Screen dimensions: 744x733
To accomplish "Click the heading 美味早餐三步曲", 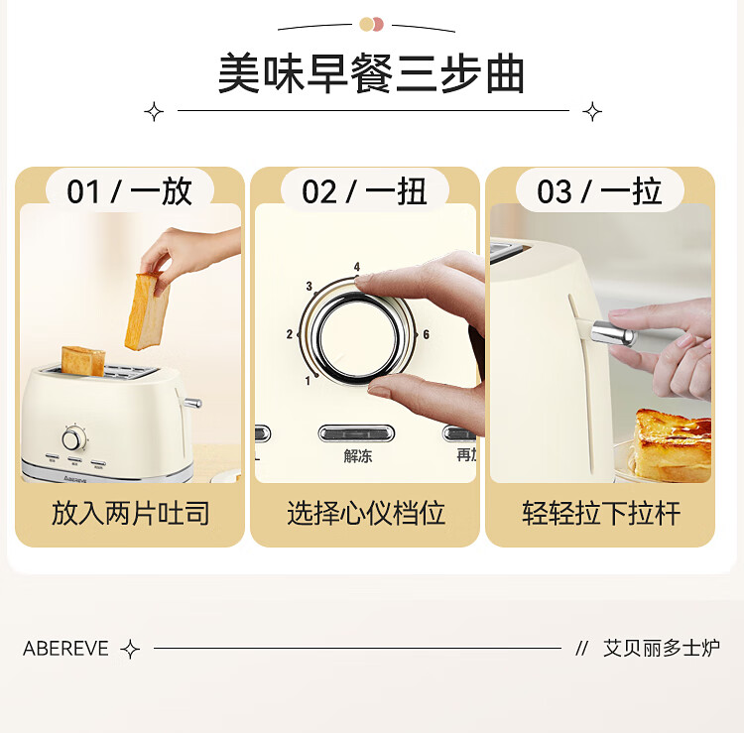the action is click(x=371, y=74).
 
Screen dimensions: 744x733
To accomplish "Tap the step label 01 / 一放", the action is click(x=130, y=191).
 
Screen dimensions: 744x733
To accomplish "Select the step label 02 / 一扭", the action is click(x=364, y=191).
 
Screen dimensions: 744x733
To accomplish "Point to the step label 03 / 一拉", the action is click(x=599, y=191).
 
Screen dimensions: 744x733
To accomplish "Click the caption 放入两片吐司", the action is click(x=131, y=513).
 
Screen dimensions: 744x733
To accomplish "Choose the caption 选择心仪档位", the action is click(x=366, y=513).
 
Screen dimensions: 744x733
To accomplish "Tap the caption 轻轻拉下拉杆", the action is click(x=601, y=513).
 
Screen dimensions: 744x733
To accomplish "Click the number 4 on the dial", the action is click(x=357, y=267).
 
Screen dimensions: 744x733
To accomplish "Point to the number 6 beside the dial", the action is click(x=426, y=334).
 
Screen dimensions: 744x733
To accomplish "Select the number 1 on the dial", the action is click(x=308, y=380).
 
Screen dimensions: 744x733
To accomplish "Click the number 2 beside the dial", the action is click(x=290, y=334).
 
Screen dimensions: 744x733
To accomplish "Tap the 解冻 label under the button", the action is click(x=358, y=456).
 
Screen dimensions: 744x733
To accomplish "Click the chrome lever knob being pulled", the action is click(x=613, y=332).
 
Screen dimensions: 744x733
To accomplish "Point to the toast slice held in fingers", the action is click(x=147, y=311).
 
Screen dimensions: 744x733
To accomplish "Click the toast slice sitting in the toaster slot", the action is click(x=83, y=361).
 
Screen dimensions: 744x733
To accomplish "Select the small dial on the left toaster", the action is click(x=73, y=437).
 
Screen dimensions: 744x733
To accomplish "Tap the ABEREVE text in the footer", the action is click(x=65, y=649).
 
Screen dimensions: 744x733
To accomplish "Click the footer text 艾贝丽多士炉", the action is click(x=662, y=648).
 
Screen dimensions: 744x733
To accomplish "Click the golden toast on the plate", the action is click(x=673, y=444).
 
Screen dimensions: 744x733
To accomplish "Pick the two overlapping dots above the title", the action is click(x=371, y=24).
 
